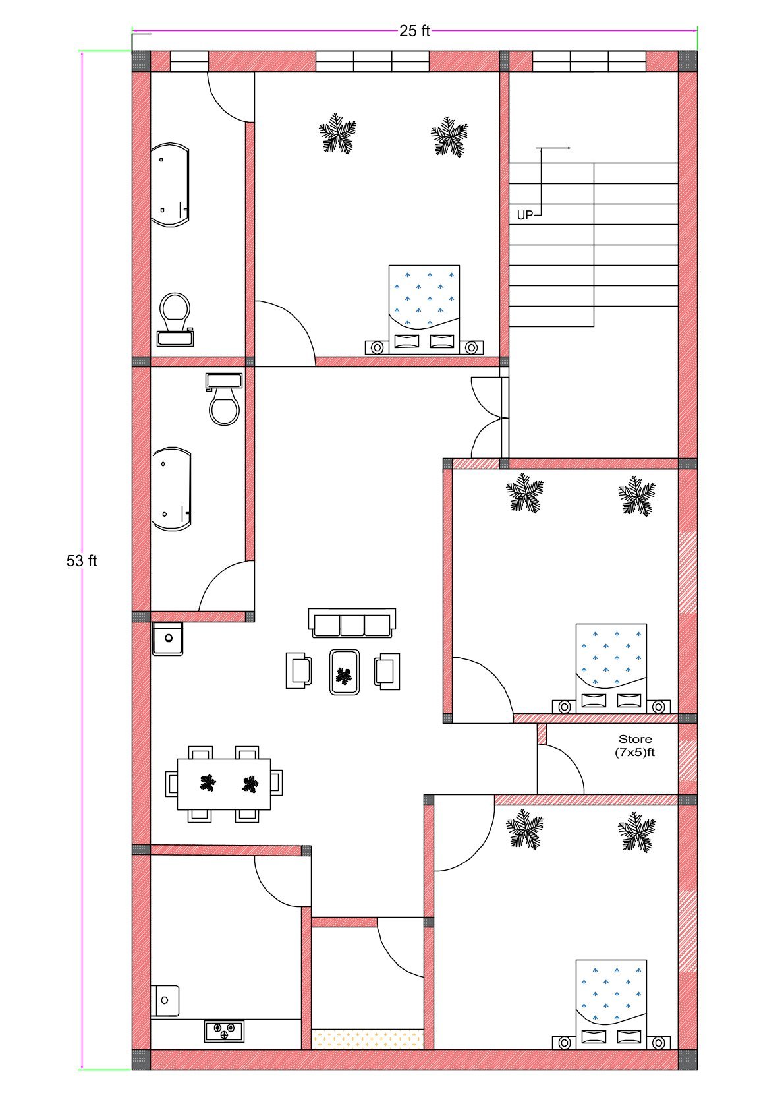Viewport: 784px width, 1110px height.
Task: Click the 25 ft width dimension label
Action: coord(414,31)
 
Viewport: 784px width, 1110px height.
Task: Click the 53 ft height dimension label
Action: coord(82,560)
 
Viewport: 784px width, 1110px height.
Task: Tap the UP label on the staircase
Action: coord(524,216)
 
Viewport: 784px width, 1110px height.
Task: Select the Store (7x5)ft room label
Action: coord(635,745)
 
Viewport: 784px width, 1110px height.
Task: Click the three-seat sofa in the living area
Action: coord(352,623)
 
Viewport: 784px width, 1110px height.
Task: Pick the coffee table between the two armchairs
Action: coord(344,672)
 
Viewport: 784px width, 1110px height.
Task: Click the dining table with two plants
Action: coord(224,784)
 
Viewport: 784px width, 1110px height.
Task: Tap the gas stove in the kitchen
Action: coord(225,1031)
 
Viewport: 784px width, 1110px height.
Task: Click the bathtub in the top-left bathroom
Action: coord(170,185)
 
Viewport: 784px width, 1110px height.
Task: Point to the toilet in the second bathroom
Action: coord(224,399)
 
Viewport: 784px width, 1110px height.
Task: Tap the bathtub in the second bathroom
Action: coord(171,489)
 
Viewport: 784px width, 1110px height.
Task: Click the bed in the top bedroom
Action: coord(424,310)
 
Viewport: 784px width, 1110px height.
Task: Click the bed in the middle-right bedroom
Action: coord(611,668)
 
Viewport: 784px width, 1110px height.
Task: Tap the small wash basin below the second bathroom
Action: coord(167,639)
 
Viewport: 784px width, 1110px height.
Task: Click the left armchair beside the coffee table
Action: coord(298,670)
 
